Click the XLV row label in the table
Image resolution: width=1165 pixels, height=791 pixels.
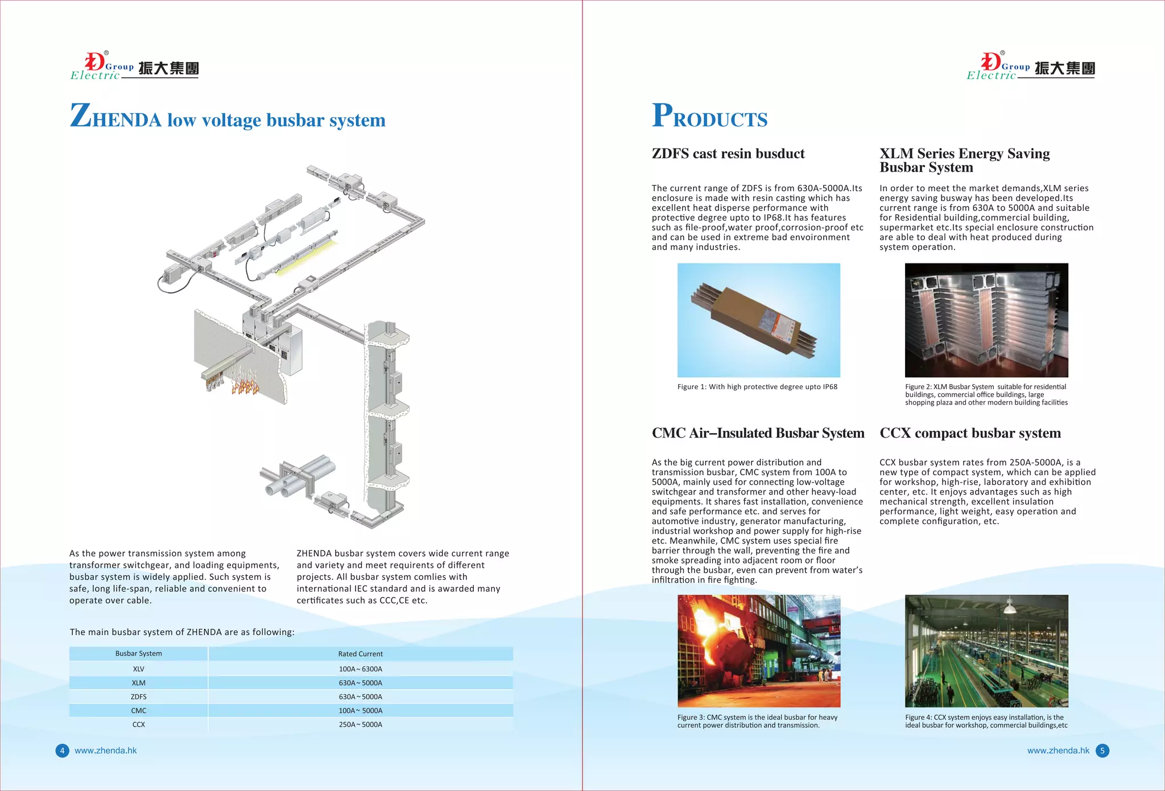(x=138, y=669)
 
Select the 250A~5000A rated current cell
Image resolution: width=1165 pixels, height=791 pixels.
(x=360, y=724)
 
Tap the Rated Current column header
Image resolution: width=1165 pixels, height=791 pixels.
(x=360, y=654)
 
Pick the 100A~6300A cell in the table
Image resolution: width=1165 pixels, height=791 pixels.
(x=360, y=669)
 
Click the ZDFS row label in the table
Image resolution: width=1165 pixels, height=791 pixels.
(x=138, y=697)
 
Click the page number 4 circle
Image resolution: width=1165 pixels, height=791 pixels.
(x=62, y=751)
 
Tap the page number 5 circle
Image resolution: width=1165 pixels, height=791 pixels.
(x=1102, y=751)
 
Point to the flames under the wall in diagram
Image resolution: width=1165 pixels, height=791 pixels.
(x=245, y=382)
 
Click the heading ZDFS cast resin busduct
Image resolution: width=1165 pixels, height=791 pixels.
(x=728, y=154)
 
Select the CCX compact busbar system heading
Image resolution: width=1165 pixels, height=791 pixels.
(x=970, y=433)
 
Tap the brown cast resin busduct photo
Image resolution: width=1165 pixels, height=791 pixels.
(x=758, y=320)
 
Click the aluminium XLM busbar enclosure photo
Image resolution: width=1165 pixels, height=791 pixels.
(x=986, y=320)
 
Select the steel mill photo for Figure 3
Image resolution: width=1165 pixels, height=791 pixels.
(x=758, y=651)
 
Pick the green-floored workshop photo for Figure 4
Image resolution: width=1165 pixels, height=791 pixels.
(x=986, y=651)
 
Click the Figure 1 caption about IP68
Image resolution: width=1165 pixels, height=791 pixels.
(x=757, y=387)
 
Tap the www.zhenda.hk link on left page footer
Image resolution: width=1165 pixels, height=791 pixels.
(x=106, y=751)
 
